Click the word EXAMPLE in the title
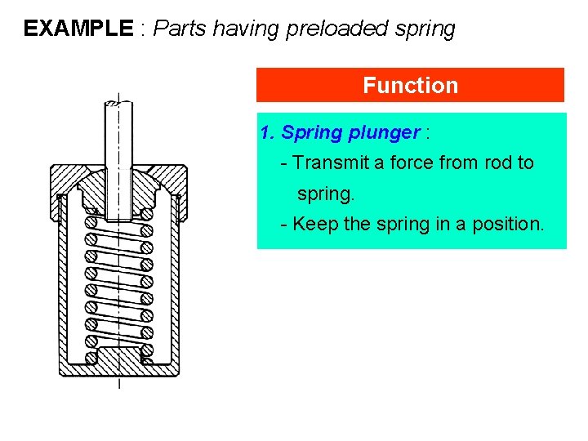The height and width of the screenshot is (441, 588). coord(78,29)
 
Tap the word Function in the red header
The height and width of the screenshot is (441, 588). coord(410,85)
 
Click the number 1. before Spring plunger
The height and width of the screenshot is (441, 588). coord(267,132)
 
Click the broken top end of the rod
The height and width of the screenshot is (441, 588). coord(120,102)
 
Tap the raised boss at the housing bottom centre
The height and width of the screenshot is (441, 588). coord(120,357)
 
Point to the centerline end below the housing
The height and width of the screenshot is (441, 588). coord(120,384)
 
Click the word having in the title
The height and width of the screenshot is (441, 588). coord(244,29)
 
